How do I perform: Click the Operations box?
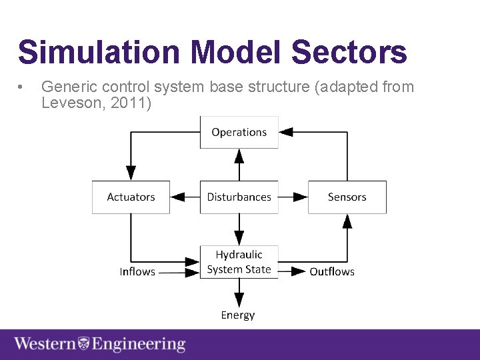[x=239, y=132]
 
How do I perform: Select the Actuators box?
[x=131, y=197]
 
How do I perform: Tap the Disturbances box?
[x=239, y=197]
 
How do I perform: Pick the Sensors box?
[x=347, y=197]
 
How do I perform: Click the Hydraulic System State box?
[x=239, y=262]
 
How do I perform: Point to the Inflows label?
[x=137, y=271]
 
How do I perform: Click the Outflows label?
[x=332, y=271]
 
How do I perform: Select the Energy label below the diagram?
[x=238, y=315]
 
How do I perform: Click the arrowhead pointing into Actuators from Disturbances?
[x=178, y=197]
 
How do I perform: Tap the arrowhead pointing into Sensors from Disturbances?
[x=300, y=197]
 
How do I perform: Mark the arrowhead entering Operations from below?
[x=239, y=156]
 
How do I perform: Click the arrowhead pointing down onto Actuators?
[x=131, y=173]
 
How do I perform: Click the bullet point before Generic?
[x=22, y=87]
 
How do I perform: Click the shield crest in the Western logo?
[x=84, y=344]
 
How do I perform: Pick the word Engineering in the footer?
[x=139, y=344]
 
